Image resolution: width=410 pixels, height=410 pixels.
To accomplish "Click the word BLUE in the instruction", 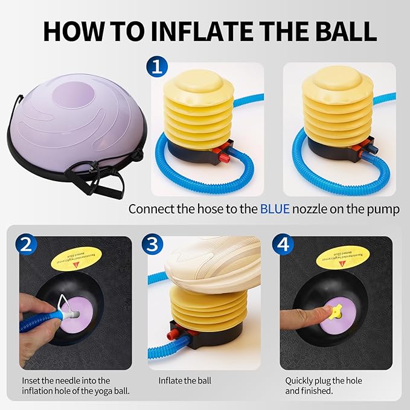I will (275, 209).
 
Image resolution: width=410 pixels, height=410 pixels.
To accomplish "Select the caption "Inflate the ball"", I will (185, 381).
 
